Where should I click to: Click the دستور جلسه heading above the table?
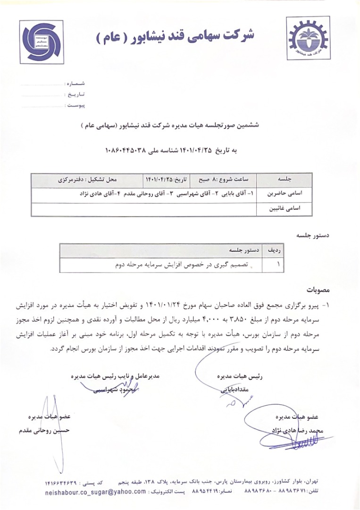pyautogui.click(x=314, y=234)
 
